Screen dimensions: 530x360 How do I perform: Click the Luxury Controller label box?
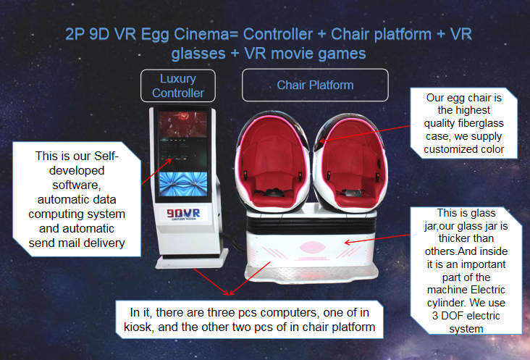(x=178, y=86)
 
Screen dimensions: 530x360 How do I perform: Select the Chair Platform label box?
(x=315, y=85)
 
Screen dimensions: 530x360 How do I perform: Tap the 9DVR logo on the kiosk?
(x=183, y=214)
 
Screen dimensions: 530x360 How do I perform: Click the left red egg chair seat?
(x=272, y=162)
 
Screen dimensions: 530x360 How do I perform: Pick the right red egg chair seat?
(x=350, y=162)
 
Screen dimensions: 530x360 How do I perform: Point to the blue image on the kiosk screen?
(x=183, y=184)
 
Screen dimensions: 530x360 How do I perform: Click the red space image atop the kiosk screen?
(x=183, y=125)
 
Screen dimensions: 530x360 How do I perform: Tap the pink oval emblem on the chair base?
(x=312, y=247)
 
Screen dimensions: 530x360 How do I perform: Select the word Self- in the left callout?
(x=106, y=156)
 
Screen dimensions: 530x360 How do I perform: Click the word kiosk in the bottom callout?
(x=138, y=327)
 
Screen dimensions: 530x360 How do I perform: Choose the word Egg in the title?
(x=155, y=35)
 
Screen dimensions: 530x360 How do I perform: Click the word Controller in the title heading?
(x=278, y=34)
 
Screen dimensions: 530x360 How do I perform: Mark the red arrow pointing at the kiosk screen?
(x=156, y=172)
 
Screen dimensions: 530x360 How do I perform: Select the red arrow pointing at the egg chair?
(x=365, y=133)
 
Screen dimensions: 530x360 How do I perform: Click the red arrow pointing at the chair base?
(x=377, y=238)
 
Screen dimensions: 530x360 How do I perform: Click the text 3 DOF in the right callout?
(x=444, y=316)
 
